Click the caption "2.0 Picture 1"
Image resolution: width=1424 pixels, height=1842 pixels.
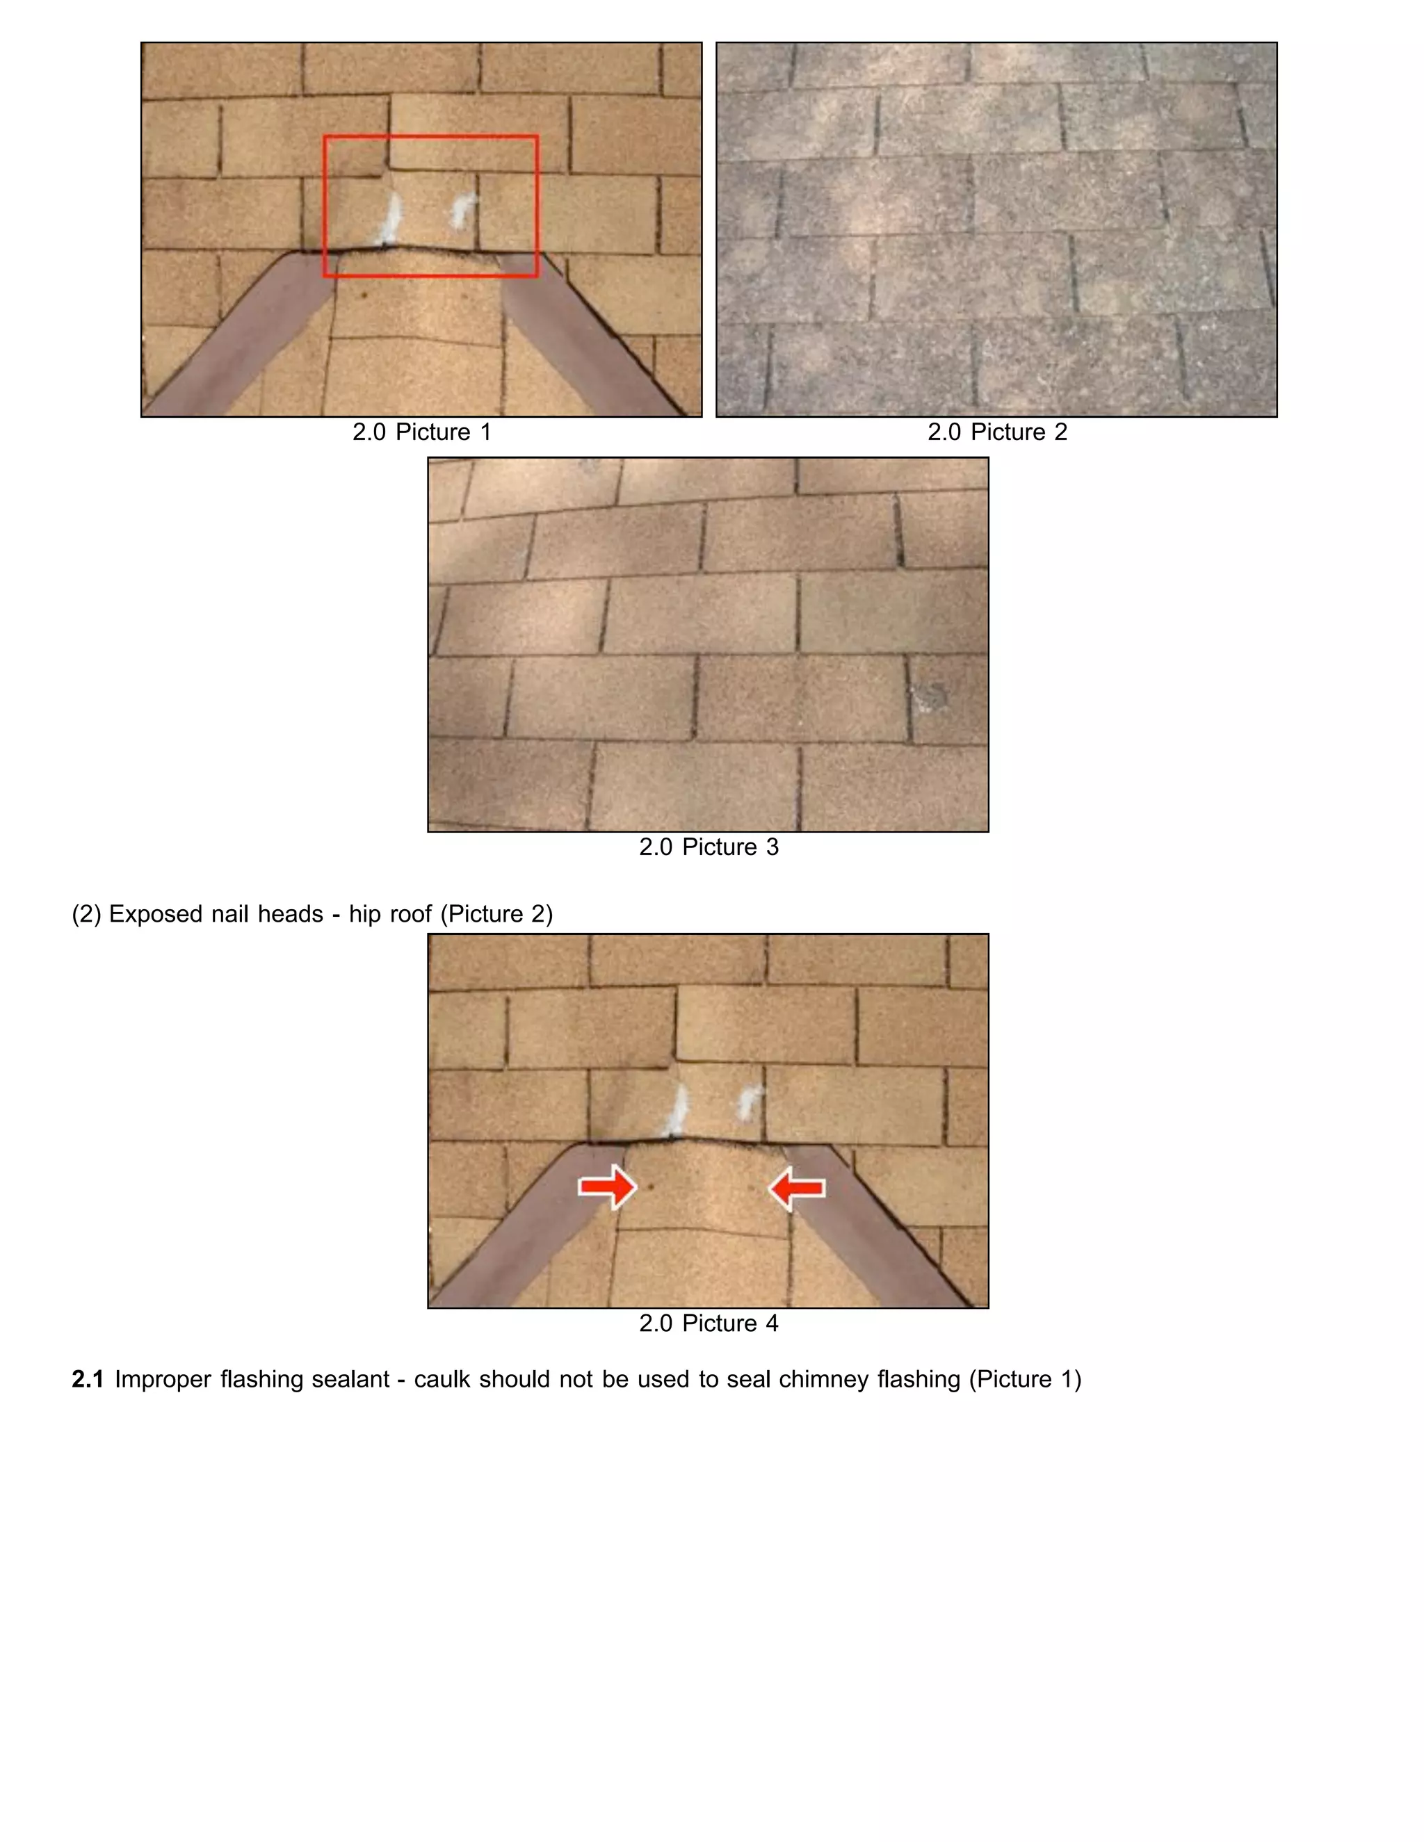click(x=422, y=432)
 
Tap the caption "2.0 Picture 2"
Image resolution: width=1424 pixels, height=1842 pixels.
click(x=997, y=432)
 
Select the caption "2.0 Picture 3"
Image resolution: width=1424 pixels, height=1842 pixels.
click(x=709, y=847)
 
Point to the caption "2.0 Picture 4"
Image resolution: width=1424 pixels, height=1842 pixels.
click(x=709, y=1323)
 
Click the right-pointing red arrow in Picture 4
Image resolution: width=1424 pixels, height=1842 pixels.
click(x=606, y=1187)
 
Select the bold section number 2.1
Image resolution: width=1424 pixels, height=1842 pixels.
click(x=88, y=1380)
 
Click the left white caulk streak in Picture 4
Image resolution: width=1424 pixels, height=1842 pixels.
click(x=677, y=1111)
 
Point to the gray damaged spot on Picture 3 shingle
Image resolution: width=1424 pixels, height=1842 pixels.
click(x=932, y=696)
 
